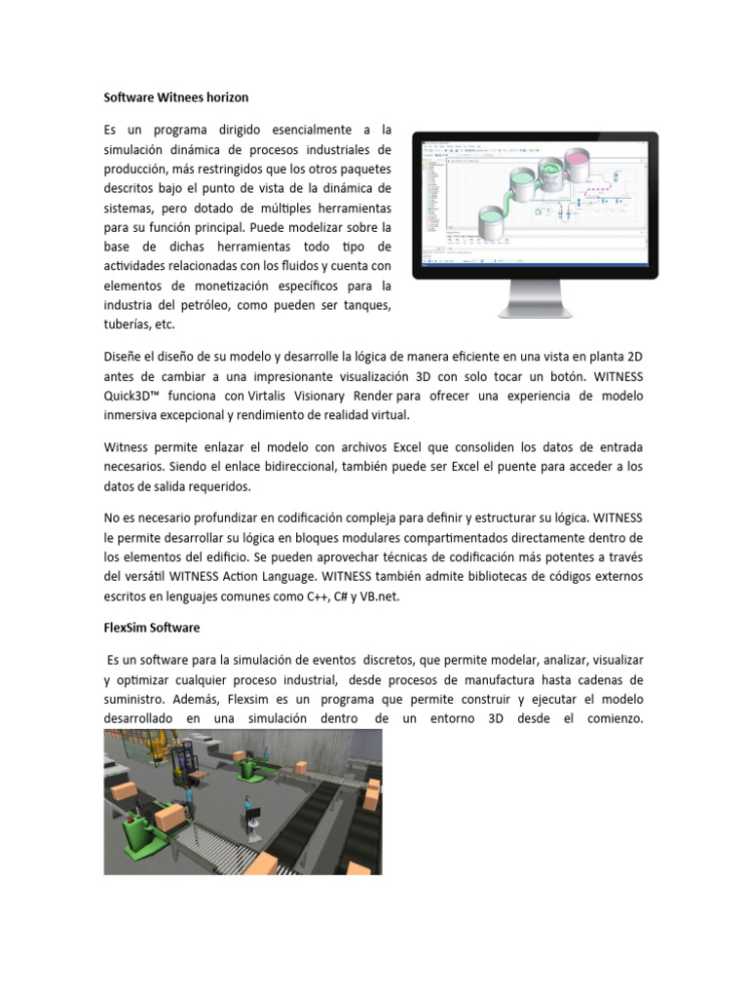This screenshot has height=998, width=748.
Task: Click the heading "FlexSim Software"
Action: coord(151,628)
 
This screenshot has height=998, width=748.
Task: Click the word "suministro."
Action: coord(139,700)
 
